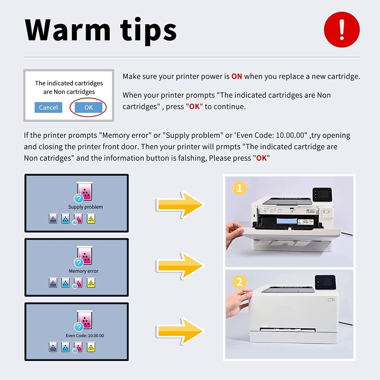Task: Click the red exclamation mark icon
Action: coord(342,30)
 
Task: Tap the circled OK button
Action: coord(88,107)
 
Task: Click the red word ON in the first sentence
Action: coord(237,76)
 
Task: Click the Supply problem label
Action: coord(85,207)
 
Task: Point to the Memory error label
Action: coord(84,271)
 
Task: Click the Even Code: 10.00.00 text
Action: coord(85,335)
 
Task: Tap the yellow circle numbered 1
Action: coord(239,188)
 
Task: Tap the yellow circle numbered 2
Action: coord(239,282)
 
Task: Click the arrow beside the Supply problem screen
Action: coord(180,205)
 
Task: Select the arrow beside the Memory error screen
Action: coord(180,266)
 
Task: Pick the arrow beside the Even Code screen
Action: coord(180,331)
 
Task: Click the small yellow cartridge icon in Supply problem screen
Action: coord(91,218)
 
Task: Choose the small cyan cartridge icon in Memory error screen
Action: coord(65,282)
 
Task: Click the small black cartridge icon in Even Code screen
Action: coord(53,347)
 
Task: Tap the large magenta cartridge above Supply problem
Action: coord(85,191)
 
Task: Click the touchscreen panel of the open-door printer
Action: coord(322,194)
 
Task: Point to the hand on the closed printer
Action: coord(238,302)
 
